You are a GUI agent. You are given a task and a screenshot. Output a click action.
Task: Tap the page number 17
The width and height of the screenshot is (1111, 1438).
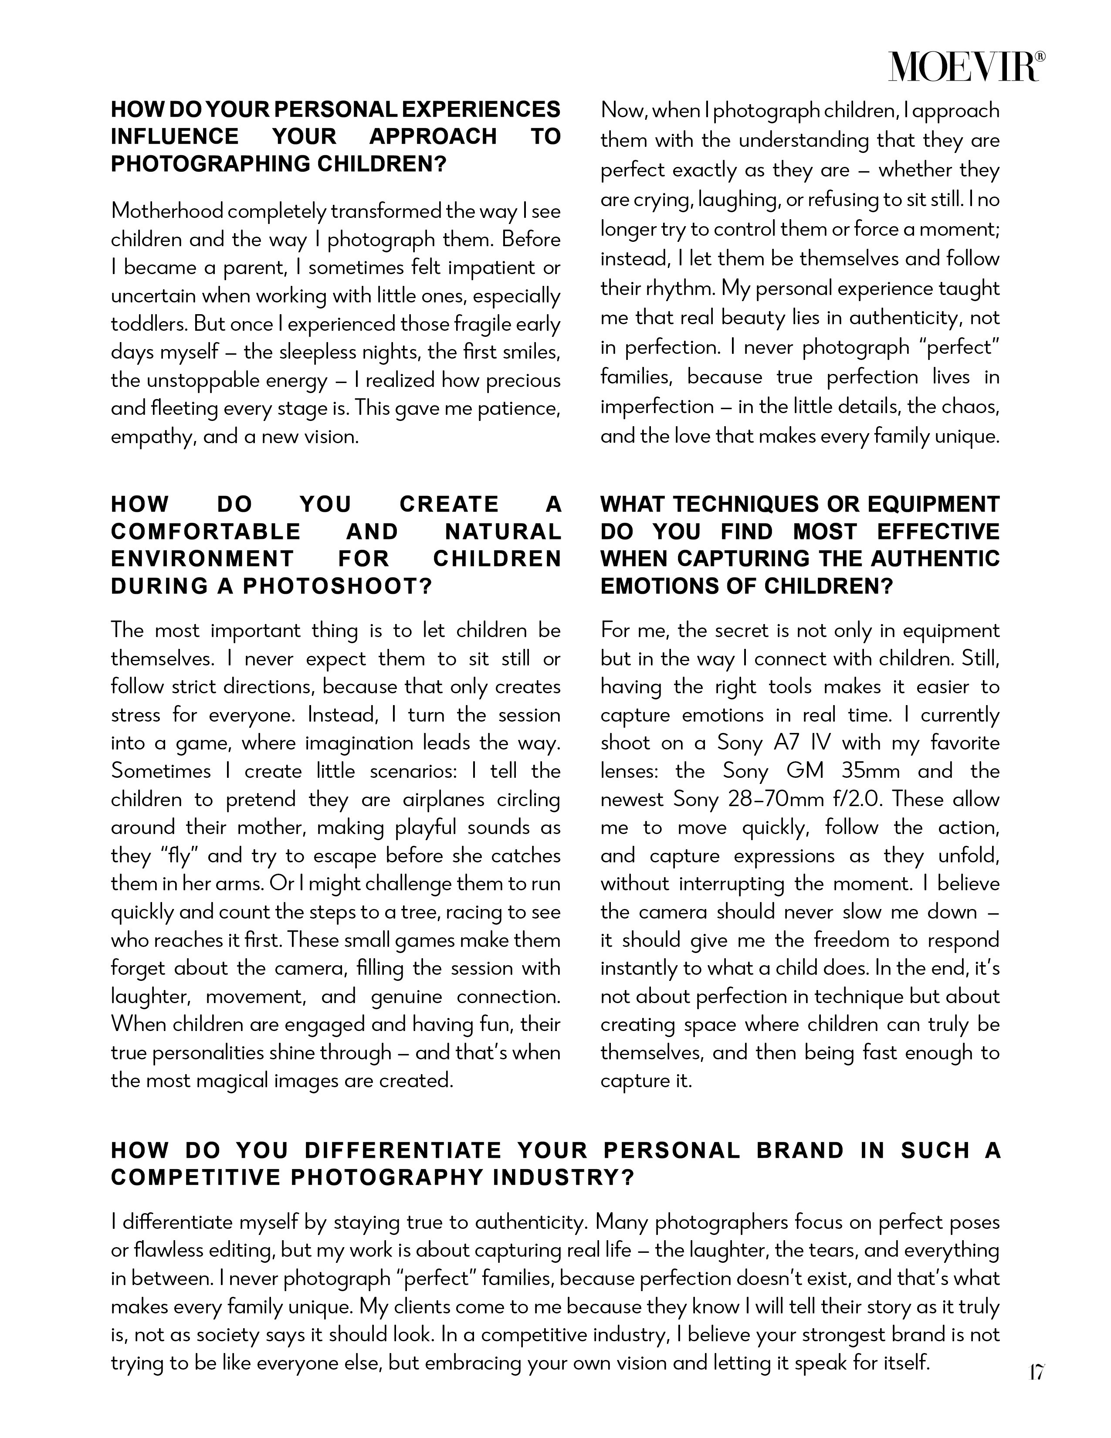pyautogui.click(x=1036, y=1373)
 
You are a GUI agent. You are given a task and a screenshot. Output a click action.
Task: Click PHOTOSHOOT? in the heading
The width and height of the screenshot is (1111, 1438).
pyautogui.click(x=337, y=586)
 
